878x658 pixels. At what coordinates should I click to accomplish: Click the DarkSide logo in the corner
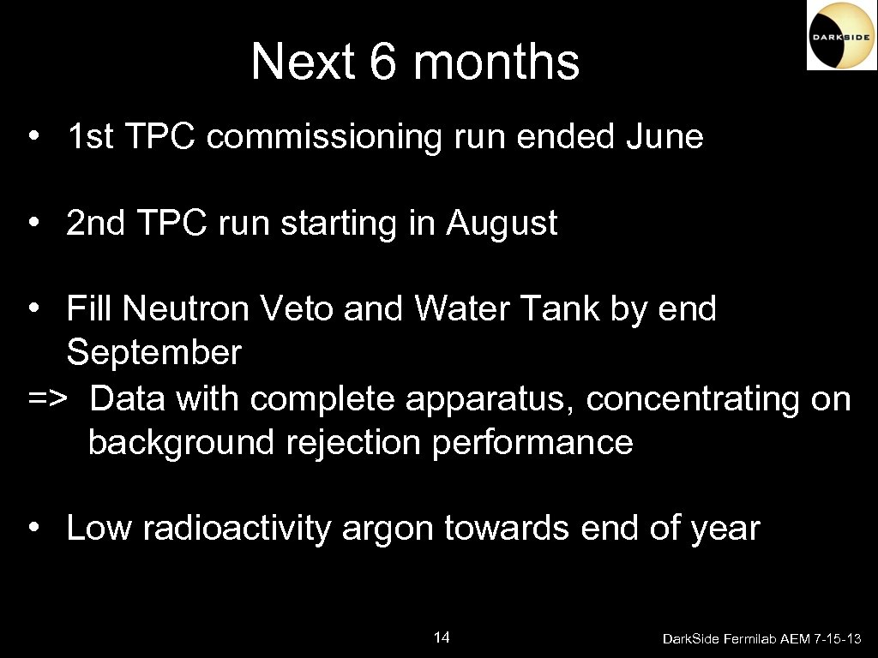(x=841, y=35)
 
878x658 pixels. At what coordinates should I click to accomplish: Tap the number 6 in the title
(x=385, y=62)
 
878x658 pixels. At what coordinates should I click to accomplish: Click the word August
(x=501, y=224)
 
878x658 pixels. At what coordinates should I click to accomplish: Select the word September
(x=154, y=352)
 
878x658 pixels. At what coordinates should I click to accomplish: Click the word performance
(x=532, y=443)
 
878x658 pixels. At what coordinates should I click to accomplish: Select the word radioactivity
(x=236, y=529)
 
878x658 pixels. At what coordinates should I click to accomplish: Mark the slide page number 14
(x=442, y=637)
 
